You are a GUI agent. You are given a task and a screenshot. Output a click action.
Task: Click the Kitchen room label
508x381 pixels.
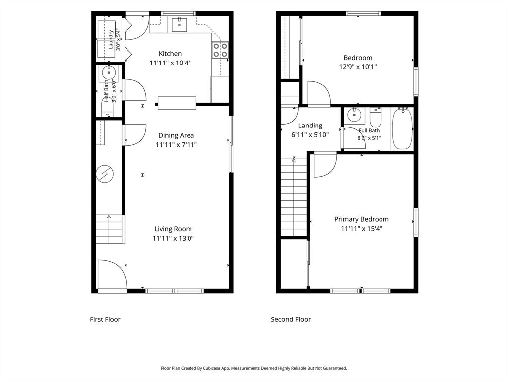coord(170,54)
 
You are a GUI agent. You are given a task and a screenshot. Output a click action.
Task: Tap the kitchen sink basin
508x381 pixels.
coord(179,25)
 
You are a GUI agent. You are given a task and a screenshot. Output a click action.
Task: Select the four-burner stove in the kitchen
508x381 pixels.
coord(220,50)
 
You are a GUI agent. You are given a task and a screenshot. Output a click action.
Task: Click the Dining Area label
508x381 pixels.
coord(176,135)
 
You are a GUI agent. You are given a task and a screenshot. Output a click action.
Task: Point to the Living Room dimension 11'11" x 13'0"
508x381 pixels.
coord(173,239)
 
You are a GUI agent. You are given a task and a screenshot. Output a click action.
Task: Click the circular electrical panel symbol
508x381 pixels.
coord(105,174)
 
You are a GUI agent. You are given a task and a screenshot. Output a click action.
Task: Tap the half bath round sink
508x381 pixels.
coord(109,73)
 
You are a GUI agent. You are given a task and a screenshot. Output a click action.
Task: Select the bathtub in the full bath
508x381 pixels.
coord(402,129)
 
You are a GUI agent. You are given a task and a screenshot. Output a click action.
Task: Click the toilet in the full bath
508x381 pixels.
coord(376,118)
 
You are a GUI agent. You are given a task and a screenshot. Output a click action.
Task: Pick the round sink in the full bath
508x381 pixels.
coord(354,115)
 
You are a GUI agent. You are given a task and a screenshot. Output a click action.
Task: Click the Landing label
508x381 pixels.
coord(310,126)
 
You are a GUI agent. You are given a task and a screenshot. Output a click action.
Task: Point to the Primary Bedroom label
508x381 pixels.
coord(362,219)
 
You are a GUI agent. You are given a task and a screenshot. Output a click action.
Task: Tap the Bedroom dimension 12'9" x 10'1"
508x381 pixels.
coord(358,67)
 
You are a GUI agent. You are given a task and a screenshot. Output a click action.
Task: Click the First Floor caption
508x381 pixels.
coord(105,319)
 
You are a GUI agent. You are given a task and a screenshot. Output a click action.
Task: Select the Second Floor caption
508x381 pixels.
coord(291,319)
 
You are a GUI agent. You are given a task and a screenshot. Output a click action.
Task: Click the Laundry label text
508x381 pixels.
coord(111,40)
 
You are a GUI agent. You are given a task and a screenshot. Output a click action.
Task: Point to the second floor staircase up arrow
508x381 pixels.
coord(294,159)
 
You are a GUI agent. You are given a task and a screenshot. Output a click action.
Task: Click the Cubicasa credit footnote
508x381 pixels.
coord(254,368)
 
